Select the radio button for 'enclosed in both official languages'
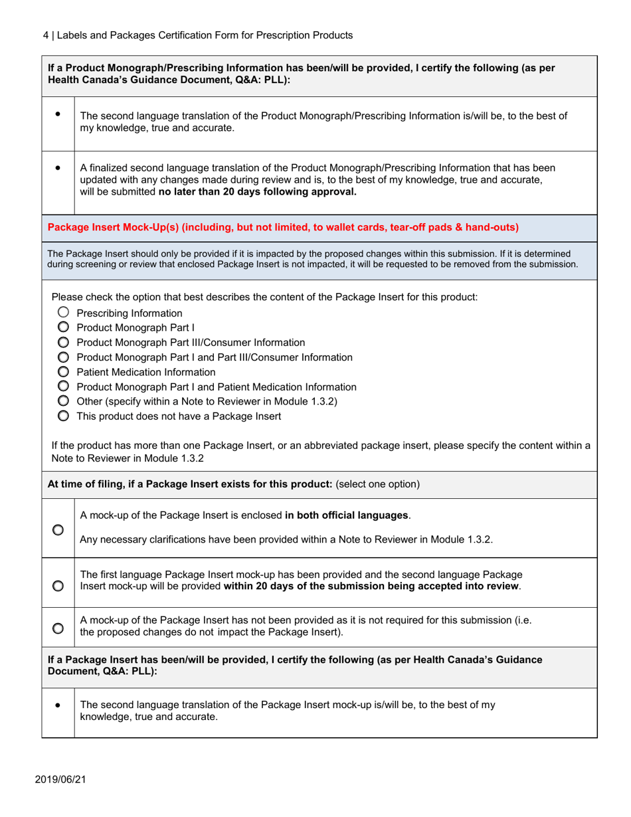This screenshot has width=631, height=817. (x=58, y=528)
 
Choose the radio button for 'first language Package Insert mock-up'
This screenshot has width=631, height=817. (x=58, y=583)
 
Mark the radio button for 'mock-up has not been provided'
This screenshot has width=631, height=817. (x=58, y=626)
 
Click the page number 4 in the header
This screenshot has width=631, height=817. (x=37, y=35)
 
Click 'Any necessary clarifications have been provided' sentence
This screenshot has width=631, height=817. (x=286, y=539)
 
